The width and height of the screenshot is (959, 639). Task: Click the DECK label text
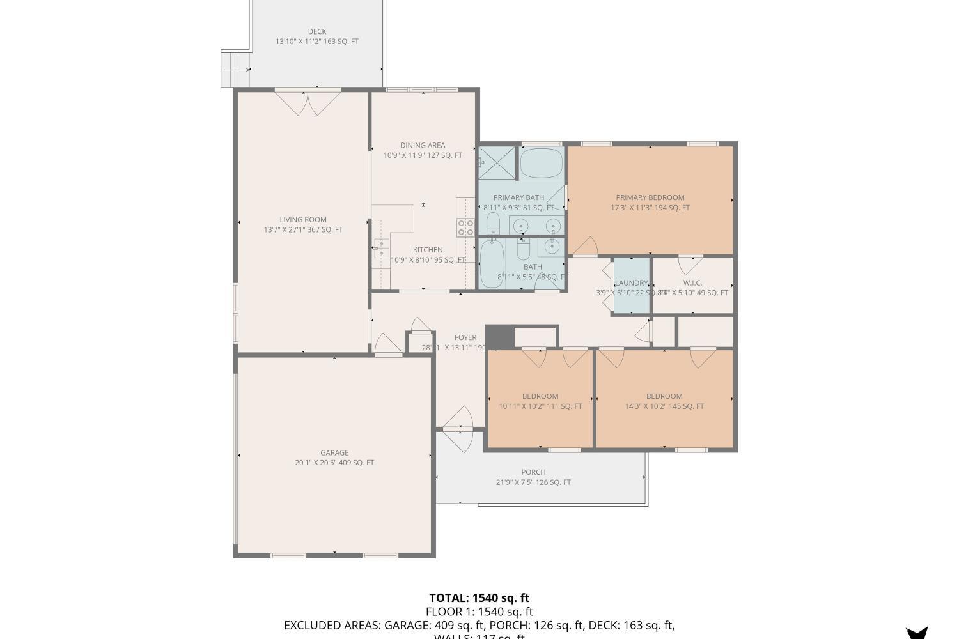[317, 31]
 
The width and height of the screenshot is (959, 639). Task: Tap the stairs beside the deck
[235, 68]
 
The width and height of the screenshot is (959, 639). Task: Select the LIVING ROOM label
[303, 219]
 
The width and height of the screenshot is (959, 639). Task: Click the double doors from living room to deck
[308, 102]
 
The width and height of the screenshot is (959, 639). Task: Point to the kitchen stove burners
[465, 227]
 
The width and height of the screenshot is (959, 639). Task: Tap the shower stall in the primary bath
[497, 162]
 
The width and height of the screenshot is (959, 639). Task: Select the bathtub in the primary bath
[541, 163]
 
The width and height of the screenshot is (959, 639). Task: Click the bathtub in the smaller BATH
[492, 263]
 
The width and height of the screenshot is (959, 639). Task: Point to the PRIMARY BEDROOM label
[650, 197]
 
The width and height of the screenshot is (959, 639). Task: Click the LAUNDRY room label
[631, 283]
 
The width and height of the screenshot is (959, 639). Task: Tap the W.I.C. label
[692, 283]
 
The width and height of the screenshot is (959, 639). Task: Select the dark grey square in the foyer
[499, 337]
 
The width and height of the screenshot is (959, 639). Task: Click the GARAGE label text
[334, 452]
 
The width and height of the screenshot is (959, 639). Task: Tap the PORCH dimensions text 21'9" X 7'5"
[533, 482]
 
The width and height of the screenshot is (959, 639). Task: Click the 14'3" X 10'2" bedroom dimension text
[664, 406]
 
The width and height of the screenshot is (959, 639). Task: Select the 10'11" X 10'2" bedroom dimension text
[540, 406]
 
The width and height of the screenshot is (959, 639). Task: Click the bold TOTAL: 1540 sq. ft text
[479, 598]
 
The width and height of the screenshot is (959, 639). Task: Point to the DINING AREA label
[423, 145]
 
